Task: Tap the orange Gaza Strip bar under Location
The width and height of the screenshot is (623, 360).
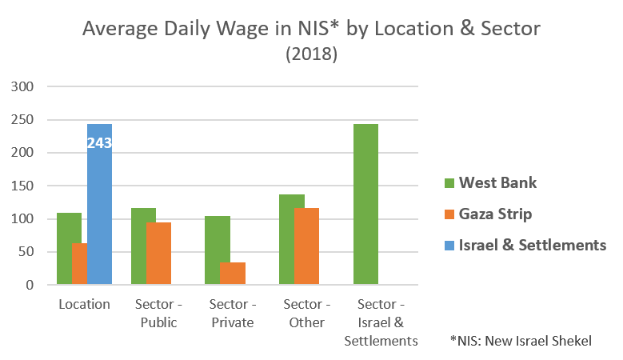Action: [79, 264]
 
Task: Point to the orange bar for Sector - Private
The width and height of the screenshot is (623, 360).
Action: [233, 274]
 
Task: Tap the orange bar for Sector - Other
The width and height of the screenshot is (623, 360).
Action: [306, 246]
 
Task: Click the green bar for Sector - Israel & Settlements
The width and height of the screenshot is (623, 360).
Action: [365, 204]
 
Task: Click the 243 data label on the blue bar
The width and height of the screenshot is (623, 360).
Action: [99, 144]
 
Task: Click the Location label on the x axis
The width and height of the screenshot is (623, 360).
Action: [84, 305]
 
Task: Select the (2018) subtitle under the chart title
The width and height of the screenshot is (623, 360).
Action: [311, 55]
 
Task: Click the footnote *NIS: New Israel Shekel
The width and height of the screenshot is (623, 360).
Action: [521, 341]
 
